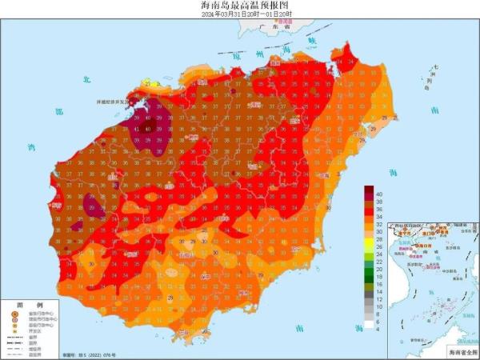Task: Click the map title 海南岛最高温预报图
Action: tap(240, 6)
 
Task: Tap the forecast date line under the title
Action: tap(240, 14)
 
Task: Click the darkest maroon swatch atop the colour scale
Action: tap(369, 190)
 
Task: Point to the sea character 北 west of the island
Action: tap(85, 80)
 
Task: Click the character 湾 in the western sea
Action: tap(31, 147)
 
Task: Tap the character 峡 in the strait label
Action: tap(313, 39)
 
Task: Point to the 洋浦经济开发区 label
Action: tap(113, 102)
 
